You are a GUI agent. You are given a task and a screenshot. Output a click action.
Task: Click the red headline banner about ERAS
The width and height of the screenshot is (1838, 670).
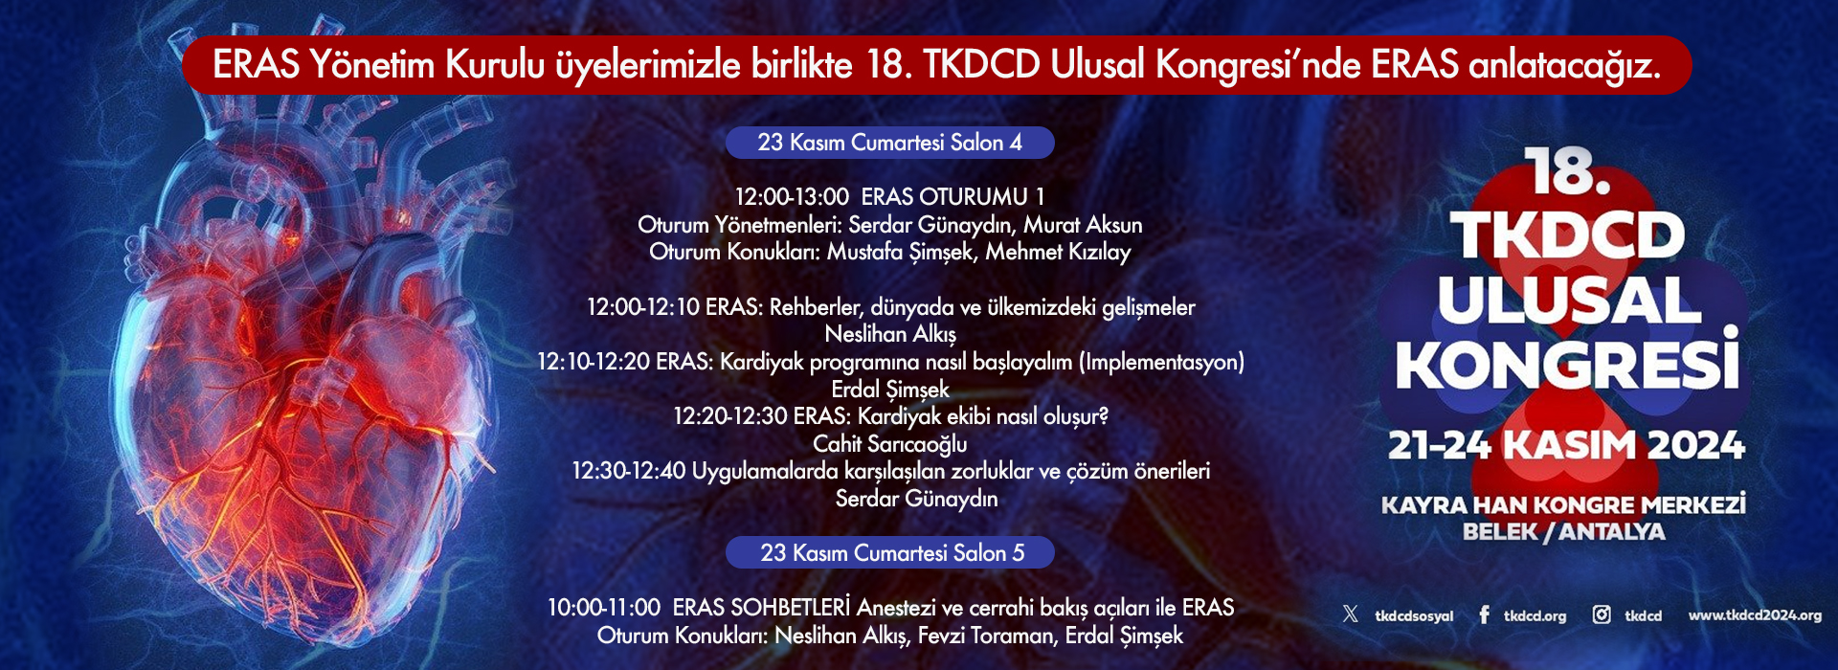click(x=936, y=65)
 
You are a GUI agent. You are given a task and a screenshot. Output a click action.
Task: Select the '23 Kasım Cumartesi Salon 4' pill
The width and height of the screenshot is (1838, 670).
click(x=889, y=143)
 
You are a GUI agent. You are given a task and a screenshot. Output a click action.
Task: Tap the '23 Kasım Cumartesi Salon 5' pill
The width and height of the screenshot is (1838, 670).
click(x=889, y=553)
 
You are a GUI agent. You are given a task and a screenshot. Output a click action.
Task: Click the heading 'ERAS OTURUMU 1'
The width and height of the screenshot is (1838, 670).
click(x=953, y=197)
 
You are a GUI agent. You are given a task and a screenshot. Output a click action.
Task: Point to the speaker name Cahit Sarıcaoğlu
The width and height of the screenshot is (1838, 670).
click(x=889, y=444)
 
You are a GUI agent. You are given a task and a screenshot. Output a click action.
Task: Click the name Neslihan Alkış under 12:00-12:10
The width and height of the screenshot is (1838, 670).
click(x=889, y=334)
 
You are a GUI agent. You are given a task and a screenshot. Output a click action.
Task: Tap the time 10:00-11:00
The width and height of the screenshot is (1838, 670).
click(x=604, y=608)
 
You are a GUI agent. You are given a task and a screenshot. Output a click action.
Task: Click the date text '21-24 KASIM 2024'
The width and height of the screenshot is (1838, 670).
click(x=1566, y=445)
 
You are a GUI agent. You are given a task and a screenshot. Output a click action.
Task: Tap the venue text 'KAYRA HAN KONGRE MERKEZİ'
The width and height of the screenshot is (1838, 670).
click(x=1563, y=504)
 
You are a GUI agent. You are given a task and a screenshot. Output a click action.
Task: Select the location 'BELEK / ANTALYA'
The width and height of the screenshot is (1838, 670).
click(x=1563, y=532)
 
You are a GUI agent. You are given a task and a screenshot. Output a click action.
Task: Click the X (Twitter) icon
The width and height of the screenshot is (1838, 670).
click(x=1350, y=614)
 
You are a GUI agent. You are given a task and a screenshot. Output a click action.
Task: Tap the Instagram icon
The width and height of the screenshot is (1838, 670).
click(x=1601, y=614)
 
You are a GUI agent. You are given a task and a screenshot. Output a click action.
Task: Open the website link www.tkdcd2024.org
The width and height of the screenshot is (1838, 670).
click(x=1755, y=615)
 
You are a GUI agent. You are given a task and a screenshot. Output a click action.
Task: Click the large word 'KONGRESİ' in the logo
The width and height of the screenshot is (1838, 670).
click(x=1567, y=362)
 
